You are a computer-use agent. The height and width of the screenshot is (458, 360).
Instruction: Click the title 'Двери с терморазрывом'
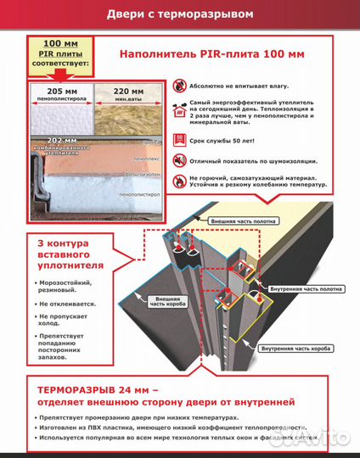coord(179,14)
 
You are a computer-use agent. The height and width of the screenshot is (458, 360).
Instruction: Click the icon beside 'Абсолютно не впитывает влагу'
coord(179,86)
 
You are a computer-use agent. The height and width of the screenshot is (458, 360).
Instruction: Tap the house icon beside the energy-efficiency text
coord(179,110)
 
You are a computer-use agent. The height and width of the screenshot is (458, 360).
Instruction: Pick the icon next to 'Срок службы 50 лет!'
coord(179,138)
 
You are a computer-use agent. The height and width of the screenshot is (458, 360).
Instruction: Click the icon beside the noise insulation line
coord(179,160)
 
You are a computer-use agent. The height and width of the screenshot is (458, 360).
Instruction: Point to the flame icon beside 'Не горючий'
coord(179,182)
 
